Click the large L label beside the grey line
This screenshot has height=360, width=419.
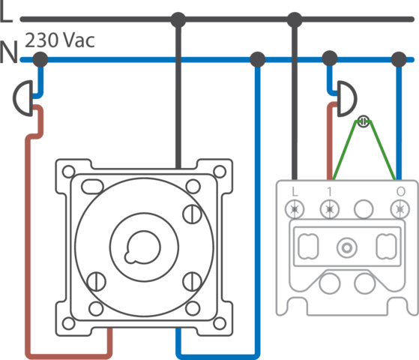click(x=6, y=13)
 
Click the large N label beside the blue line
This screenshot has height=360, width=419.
click(x=8, y=52)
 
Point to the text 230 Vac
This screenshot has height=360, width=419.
click(x=60, y=40)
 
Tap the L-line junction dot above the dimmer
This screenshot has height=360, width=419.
click(x=178, y=19)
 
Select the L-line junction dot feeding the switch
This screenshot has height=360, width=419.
click(x=295, y=19)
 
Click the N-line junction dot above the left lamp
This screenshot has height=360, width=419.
click(x=40, y=59)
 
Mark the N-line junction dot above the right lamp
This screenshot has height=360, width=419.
click(x=330, y=58)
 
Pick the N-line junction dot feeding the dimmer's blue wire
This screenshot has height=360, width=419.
click(x=257, y=59)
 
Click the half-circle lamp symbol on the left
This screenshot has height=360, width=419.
click(x=23, y=98)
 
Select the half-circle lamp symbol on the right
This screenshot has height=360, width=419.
click(x=347, y=99)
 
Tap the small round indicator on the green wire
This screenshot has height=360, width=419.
click(x=363, y=121)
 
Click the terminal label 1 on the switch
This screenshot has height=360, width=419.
click(x=330, y=191)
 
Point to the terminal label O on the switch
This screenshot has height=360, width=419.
click(x=401, y=191)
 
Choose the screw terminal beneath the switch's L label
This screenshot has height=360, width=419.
click(x=295, y=209)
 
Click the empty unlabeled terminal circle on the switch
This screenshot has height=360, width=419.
click(x=364, y=209)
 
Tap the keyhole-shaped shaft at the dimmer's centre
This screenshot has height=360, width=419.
click(x=142, y=247)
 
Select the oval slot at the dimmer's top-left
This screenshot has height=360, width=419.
click(x=92, y=187)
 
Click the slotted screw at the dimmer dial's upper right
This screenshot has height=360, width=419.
click(x=193, y=214)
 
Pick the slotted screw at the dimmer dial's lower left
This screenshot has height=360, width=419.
click(x=97, y=281)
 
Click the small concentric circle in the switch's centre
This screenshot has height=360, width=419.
click(x=347, y=247)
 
